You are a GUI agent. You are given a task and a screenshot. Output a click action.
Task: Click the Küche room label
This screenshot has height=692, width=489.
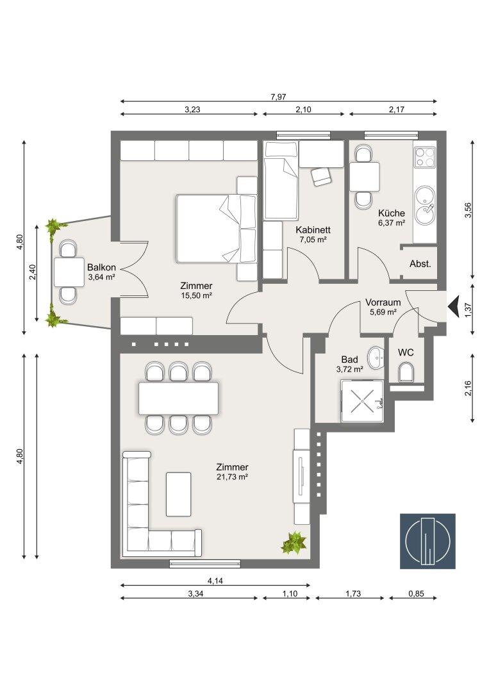(x=391, y=213)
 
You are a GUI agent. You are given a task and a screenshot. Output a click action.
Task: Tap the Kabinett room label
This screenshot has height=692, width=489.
(x=313, y=229)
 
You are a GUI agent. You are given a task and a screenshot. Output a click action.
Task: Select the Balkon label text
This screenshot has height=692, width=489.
(x=101, y=267)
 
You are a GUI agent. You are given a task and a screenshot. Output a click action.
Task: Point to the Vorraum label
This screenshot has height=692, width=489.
(x=383, y=302)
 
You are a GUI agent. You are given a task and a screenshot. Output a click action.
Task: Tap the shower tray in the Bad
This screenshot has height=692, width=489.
(x=362, y=400)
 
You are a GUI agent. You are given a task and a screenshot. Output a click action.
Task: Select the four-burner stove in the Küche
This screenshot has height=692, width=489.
(x=425, y=157)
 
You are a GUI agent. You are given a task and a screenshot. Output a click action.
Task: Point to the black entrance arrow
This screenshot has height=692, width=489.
(x=453, y=306)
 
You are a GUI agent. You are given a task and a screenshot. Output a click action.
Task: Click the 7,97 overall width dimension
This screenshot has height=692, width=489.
(x=279, y=97)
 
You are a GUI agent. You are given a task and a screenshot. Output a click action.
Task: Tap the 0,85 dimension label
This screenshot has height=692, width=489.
(x=416, y=593)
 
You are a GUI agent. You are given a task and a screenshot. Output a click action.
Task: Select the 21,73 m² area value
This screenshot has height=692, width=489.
(x=232, y=477)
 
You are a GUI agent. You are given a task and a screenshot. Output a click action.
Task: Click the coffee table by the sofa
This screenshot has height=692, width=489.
(x=178, y=494)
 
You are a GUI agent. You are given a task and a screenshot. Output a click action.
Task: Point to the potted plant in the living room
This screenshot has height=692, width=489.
(x=294, y=543)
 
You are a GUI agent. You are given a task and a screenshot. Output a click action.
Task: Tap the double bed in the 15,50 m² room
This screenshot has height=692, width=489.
(x=216, y=229)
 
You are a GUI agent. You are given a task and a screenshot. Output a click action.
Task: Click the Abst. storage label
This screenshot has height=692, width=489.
(x=420, y=264)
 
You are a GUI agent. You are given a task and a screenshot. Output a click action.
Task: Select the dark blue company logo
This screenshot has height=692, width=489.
(x=427, y=541)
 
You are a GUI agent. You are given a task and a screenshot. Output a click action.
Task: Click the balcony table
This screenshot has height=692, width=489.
(x=69, y=272)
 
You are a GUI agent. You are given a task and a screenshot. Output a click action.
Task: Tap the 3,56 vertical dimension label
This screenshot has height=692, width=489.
(x=468, y=210)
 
